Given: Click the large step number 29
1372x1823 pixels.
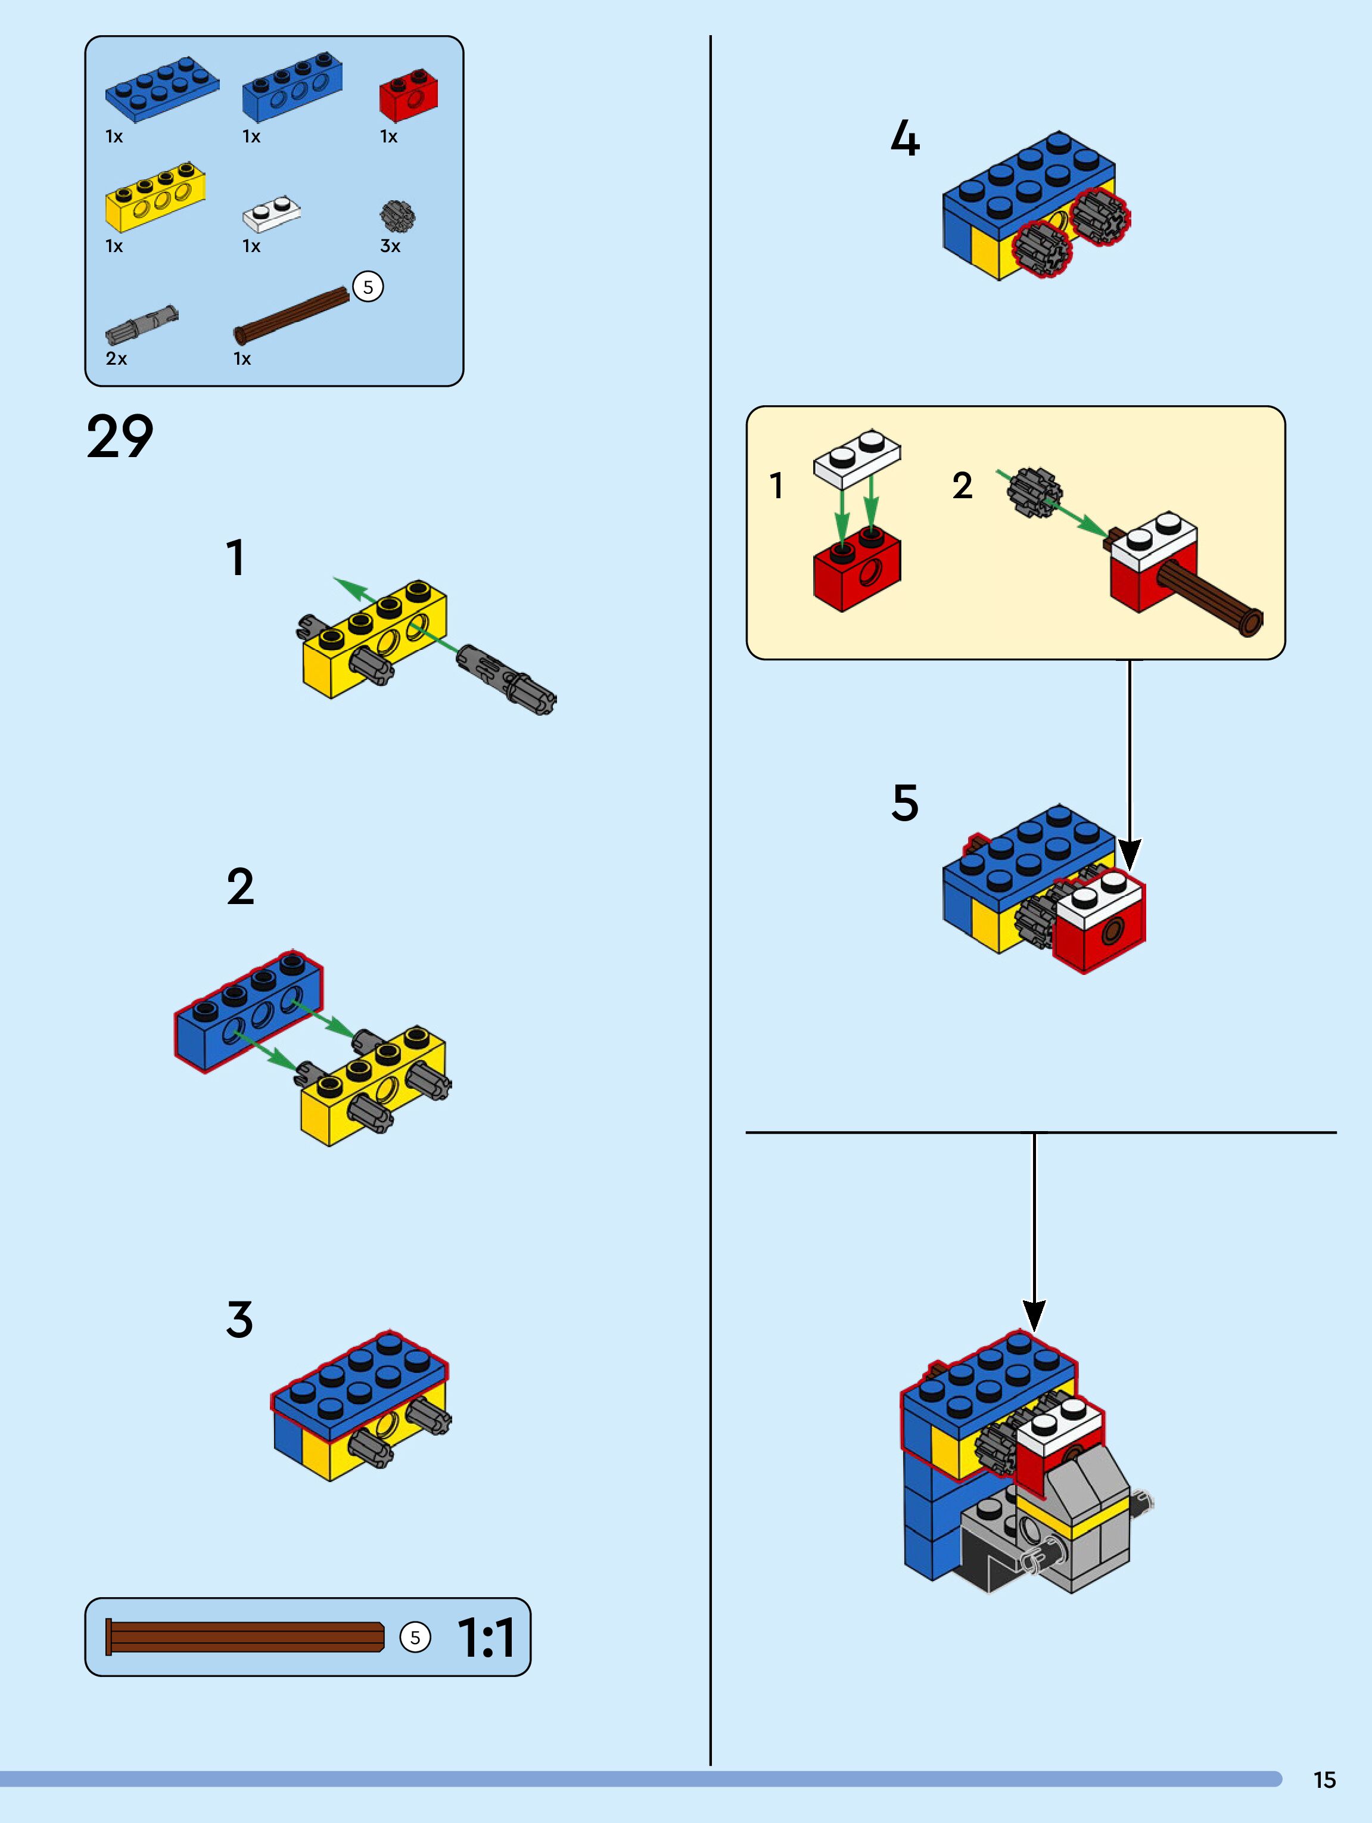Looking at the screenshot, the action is coord(120,437).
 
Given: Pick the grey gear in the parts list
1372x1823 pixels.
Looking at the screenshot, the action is coord(397,216).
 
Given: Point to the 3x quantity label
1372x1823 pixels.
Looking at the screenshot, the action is coord(390,246).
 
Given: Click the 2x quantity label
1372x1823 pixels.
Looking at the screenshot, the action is coord(116,359).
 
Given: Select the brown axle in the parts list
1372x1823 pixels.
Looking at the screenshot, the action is coord(293,315).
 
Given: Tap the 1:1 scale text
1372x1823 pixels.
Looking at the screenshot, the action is coord(486,1638).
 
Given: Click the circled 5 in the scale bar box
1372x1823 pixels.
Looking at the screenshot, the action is coord(415,1638).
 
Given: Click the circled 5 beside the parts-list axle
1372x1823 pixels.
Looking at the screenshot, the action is coord(368,287).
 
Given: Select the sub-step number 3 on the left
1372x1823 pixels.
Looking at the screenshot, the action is coord(239,1319).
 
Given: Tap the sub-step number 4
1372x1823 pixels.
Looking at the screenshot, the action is coord(905,138).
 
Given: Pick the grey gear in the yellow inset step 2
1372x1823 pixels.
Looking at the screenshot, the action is coord(1034,493).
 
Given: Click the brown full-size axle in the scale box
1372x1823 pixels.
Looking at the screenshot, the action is coord(245,1638).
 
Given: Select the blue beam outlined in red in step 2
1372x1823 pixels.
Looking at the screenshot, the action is coord(247,1010).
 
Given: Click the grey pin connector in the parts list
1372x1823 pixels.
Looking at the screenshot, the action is coord(141,324).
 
